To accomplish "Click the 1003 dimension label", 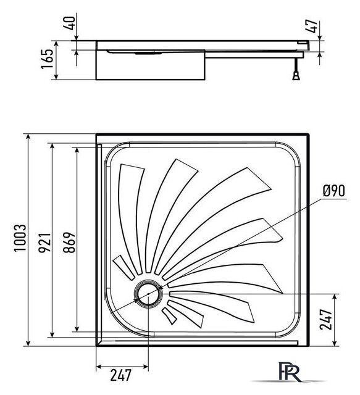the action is [x=20, y=238].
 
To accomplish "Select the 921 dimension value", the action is [x=44, y=242].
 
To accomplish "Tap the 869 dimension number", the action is [x=69, y=242].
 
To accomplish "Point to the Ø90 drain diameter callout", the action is [x=333, y=191].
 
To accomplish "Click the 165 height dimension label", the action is [x=47, y=59].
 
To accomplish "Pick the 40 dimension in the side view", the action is [x=69, y=23].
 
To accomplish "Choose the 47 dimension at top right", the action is [x=311, y=26].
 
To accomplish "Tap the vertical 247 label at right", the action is [x=325, y=320].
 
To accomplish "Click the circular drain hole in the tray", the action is [x=148, y=294].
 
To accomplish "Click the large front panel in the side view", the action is [x=150, y=65].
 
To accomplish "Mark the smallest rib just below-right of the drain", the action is [x=169, y=316].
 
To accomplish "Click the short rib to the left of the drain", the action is [x=123, y=267].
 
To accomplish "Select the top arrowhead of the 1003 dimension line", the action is [x=28, y=137].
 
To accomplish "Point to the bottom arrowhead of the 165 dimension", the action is [x=56, y=76].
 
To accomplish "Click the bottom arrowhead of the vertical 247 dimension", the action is [x=335, y=343].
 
